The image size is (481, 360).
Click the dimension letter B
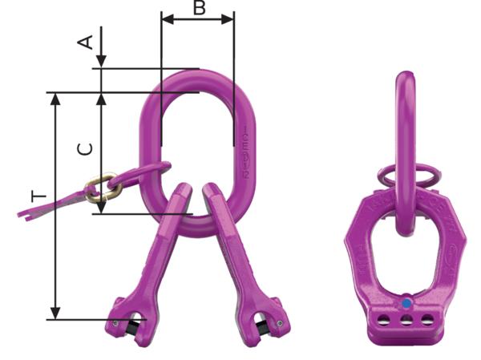[200, 9]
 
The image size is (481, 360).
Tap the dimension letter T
[40, 196]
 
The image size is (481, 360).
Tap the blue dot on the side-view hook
[407, 303]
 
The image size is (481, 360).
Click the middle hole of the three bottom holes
[407, 322]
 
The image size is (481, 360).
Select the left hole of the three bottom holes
[387, 321]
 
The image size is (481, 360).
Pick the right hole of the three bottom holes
[427, 322]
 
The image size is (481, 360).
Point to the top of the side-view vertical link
[406, 76]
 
